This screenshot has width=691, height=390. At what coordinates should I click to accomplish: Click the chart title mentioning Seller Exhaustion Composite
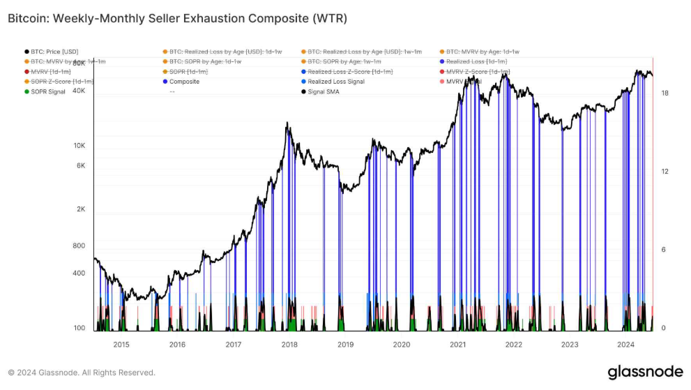click(177, 19)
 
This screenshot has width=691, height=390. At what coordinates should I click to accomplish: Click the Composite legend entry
click(184, 82)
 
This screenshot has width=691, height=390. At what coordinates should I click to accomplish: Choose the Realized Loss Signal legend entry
click(335, 82)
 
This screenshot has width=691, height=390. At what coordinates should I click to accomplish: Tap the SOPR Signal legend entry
click(47, 91)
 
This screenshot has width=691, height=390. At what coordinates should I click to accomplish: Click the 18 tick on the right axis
click(664, 93)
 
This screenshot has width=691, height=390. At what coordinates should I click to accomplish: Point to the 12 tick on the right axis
click(664, 172)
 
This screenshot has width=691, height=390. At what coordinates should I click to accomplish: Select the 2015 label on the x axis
click(121, 345)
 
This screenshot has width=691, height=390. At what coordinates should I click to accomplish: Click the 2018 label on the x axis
click(289, 345)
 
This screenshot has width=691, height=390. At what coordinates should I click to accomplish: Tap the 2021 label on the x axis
click(458, 345)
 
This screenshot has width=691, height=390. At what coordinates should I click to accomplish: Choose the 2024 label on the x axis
click(625, 345)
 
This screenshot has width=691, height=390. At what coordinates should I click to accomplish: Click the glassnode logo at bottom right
click(640, 373)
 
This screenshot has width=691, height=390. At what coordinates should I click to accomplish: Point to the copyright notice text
click(82, 373)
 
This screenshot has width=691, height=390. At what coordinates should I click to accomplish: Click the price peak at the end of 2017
click(288, 123)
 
